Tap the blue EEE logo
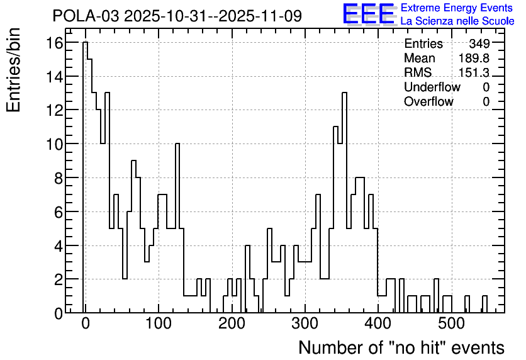369,14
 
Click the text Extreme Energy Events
457,8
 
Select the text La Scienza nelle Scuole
457,21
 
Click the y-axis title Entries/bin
13,70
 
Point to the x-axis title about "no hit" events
401,347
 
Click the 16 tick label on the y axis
55,43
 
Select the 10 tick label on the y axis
55,144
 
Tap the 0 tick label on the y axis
59,313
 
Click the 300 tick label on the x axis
305,323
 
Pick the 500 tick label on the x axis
452,323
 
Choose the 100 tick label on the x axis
159,323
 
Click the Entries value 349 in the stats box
479,43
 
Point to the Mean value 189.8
474,58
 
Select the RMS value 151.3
474,72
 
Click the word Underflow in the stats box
432,87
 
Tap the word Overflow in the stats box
428,101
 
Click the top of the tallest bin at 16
85,42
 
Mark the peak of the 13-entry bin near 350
344,93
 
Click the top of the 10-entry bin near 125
177,143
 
